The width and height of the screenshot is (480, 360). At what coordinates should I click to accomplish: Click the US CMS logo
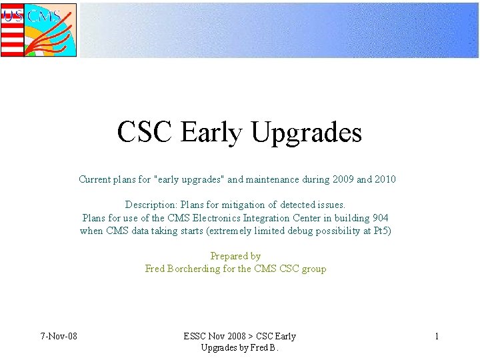[39, 30]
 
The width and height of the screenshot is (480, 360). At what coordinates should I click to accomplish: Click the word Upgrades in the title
[307, 133]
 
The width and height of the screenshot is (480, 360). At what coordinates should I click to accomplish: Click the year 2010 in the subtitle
[385, 179]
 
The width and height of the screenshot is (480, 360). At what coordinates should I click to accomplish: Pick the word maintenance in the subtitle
[280, 179]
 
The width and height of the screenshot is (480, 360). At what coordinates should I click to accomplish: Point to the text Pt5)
[382, 231]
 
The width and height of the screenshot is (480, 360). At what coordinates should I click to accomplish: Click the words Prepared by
[235, 256]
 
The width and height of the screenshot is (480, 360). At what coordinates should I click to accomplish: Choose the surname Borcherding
[201, 269]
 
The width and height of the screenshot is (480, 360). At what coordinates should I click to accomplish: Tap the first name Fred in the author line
[155, 269]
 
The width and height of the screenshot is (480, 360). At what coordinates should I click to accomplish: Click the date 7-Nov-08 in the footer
[58, 336]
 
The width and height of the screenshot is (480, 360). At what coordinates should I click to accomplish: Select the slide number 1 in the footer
[437, 336]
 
